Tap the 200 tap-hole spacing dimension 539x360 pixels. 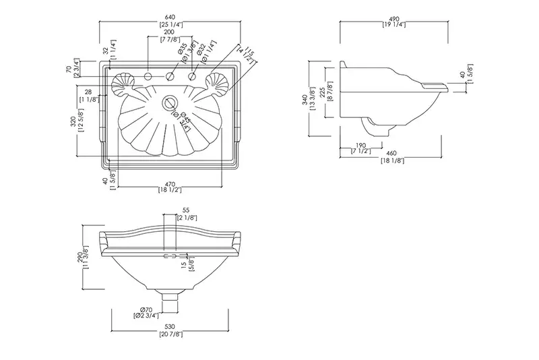(168, 32)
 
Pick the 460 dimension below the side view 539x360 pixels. (392, 153)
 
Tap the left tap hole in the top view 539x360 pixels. (148, 77)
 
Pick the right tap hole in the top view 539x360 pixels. (192, 77)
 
